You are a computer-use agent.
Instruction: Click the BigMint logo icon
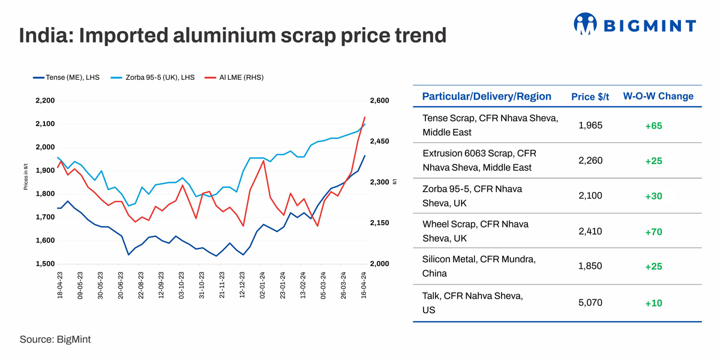coord(586,25)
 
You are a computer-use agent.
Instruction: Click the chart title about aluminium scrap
coord(233,35)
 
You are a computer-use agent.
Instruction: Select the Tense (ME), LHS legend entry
coord(67,77)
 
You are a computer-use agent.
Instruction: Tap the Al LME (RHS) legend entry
coord(235,77)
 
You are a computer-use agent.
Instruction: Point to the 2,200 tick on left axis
coord(45,101)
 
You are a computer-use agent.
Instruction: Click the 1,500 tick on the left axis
coord(45,264)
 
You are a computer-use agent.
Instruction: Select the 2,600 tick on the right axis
coord(380,101)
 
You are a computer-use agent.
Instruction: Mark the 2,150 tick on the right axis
coord(380,223)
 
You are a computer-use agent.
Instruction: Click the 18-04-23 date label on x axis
coord(60,286)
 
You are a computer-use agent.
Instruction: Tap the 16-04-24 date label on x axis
coord(364,286)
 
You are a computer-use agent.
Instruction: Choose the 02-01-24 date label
coord(263,286)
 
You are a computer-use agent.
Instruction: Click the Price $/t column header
coord(590,97)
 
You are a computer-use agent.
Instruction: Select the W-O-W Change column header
coord(658,97)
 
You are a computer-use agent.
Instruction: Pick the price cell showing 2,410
coord(590,232)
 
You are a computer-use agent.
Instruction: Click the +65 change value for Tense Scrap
coord(653,126)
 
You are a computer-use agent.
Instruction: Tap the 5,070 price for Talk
coord(590,303)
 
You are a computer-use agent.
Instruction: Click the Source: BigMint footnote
coord(55,340)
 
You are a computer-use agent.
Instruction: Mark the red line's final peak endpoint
coord(365,117)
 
